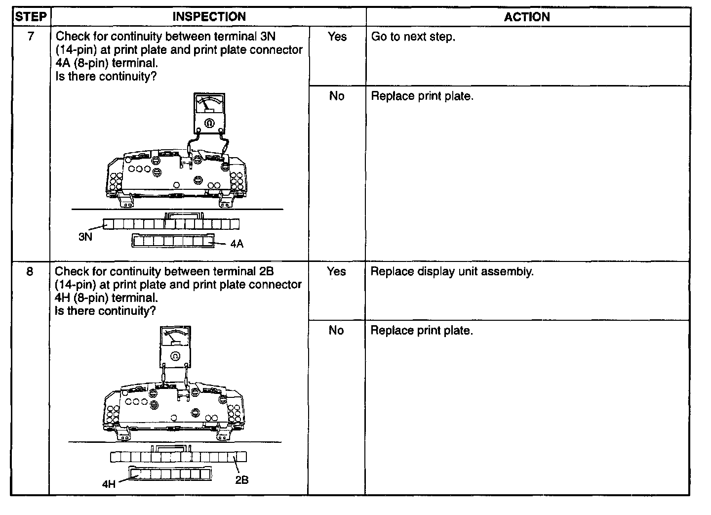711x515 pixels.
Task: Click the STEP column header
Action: (x=31, y=17)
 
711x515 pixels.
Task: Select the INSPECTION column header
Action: (x=209, y=17)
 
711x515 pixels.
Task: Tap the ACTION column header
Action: (x=527, y=17)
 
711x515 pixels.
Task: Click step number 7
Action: (x=31, y=37)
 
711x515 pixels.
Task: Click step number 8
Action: (x=30, y=271)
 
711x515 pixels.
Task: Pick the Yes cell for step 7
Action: (x=337, y=37)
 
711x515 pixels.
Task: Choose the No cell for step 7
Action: (x=337, y=96)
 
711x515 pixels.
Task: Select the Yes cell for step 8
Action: (x=336, y=271)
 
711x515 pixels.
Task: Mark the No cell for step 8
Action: (x=336, y=330)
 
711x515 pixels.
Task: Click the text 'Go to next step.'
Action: (x=413, y=37)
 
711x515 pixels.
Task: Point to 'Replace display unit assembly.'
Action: (x=452, y=271)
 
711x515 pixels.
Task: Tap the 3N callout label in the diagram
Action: (x=85, y=237)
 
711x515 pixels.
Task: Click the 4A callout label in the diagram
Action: (x=237, y=244)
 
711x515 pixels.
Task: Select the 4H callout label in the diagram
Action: (x=109, y=484)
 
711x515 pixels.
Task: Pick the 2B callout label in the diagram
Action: (x=241, y=480)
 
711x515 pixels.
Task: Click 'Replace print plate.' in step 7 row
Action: (x=422, y=96)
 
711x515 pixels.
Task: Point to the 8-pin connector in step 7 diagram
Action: (x=173, y=241)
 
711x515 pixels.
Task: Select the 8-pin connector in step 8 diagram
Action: (x=170, y=473)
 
